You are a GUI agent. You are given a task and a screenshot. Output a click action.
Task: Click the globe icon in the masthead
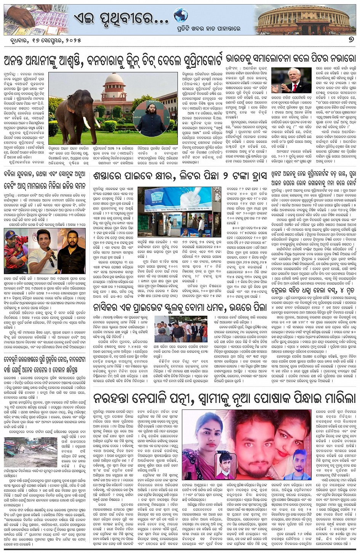point(181,16)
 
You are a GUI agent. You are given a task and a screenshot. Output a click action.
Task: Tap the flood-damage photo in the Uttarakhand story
point(25,451)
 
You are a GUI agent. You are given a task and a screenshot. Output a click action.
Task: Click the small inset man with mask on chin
point(225,466)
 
